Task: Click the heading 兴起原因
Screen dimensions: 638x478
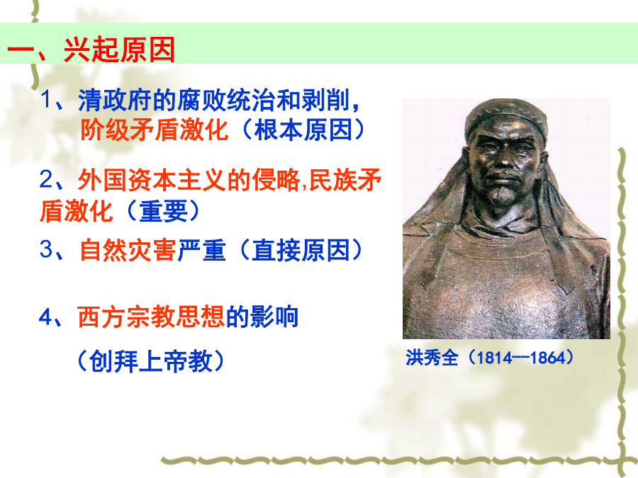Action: [119, 50]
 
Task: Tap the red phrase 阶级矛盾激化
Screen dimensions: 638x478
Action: [154, 130]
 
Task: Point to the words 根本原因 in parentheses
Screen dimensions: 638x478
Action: [303, 130]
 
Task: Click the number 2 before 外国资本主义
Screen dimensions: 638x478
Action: [46, 179]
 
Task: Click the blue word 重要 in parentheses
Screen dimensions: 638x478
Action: [164, 211]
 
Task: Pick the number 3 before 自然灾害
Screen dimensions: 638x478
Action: [46, 249]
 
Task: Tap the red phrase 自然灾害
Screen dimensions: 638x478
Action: [128, 249]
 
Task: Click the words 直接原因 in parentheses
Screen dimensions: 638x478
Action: [301, 249]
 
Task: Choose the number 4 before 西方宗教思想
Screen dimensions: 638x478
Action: [46, 317]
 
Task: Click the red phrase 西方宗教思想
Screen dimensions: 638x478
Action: [151, 317]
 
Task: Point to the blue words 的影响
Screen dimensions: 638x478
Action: [262, 317]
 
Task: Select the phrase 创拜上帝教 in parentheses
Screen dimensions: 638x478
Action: [150, 361]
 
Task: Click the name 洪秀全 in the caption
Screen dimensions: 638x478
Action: [432, 358]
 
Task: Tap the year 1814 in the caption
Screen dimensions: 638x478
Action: [494, 358]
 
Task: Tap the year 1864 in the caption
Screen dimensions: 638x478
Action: [548, 358]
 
